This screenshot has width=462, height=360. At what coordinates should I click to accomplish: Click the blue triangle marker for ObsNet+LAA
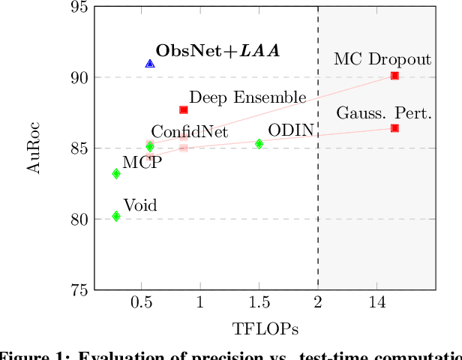coord(150,64)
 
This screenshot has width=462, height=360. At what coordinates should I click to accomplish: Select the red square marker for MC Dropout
coord(394,76)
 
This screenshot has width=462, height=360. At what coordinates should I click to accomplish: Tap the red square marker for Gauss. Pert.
coord(394,128)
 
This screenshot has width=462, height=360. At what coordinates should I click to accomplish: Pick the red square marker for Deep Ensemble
coord(183,109)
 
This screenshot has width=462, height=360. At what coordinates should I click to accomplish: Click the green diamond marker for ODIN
coord(259,144)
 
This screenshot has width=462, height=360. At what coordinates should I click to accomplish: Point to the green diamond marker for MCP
coord(116,173)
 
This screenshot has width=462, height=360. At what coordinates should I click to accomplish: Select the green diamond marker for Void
coord(116,216)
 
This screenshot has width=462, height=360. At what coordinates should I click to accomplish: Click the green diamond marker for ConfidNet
coord(150,147)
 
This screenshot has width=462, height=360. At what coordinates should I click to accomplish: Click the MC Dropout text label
coord(382,59)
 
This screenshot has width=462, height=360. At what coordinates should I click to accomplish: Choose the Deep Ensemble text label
coord(247,97)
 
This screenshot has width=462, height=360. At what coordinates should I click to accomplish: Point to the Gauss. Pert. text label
coord(384,113)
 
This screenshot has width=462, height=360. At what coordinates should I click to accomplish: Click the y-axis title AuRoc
coord(33,148)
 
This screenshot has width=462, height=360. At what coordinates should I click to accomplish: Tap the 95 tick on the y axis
coord(79,7)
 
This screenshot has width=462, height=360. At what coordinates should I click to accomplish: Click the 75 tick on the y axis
coord(79,290)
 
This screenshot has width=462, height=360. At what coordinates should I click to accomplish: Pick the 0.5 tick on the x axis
coord(141,303)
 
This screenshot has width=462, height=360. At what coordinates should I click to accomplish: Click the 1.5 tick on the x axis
coord(259,303)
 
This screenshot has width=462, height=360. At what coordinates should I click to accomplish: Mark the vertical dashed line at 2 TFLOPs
coord(318,187)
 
